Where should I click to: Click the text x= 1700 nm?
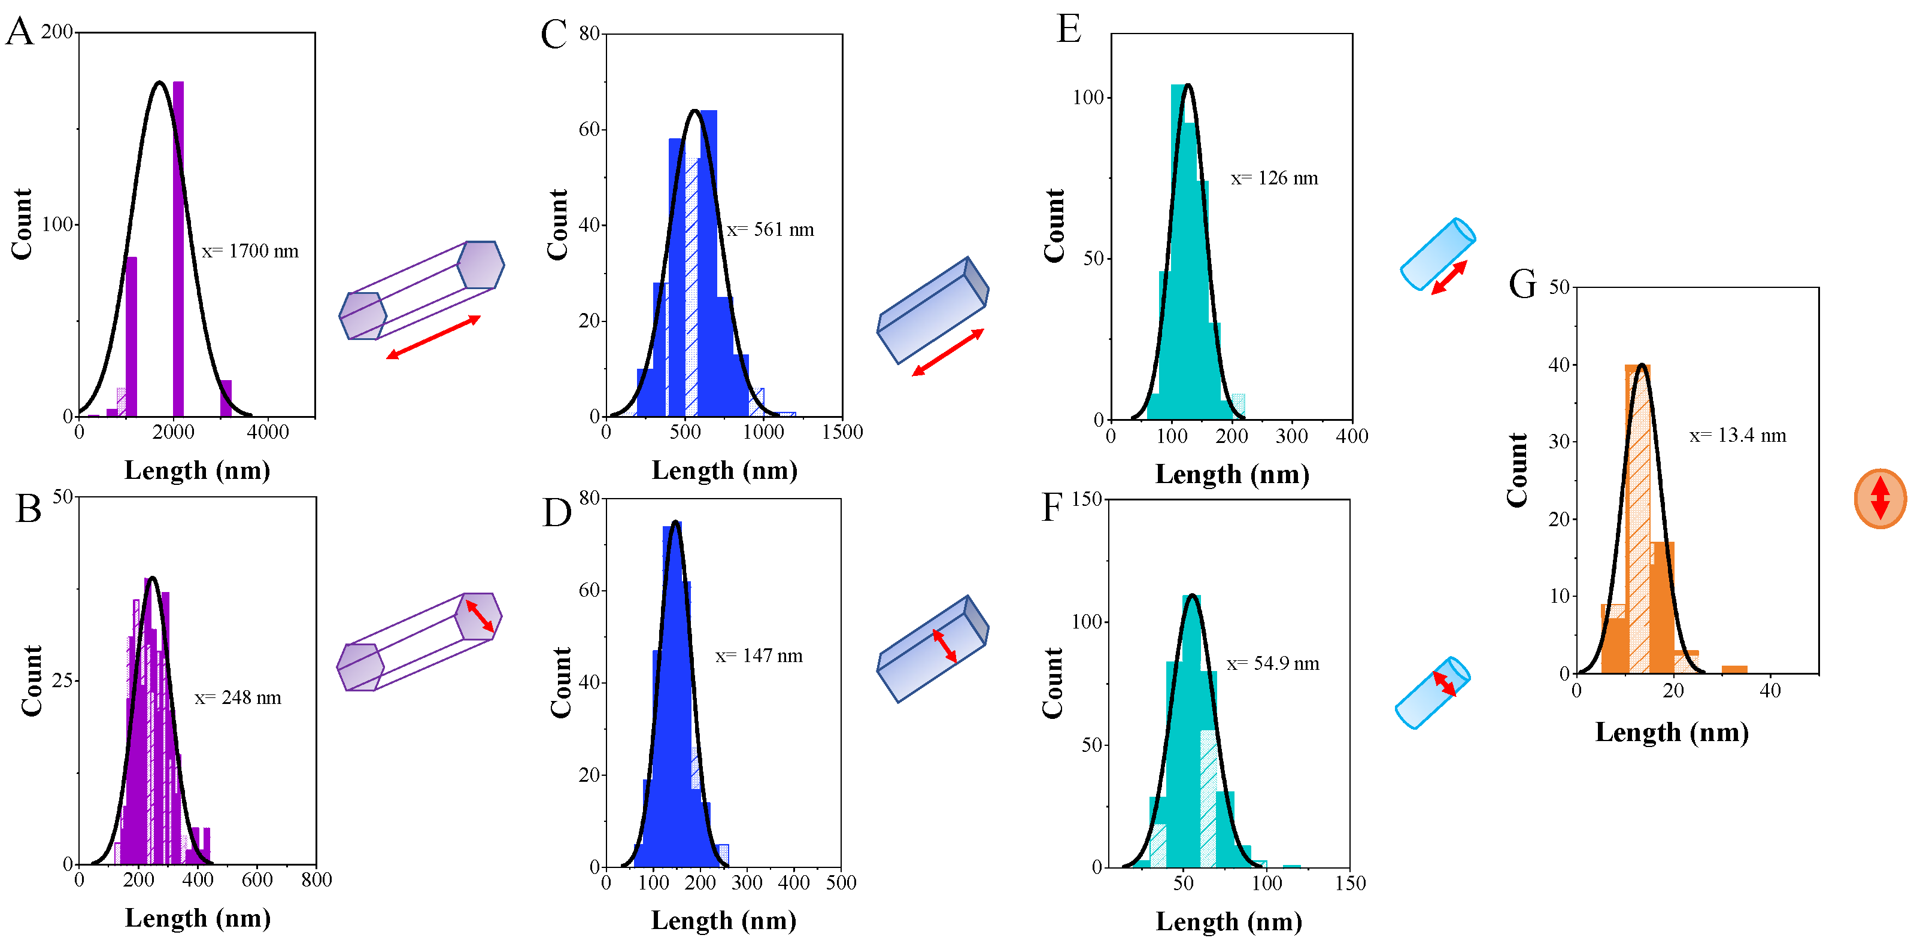pyautogui.click(x=250, y=251)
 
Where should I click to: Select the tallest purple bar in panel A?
pyautogui.click(x=178, y=248)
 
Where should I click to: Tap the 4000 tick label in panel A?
pyautogui.click(x=267, y=432)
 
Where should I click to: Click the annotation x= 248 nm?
pyautogui.click(x=238, y=698)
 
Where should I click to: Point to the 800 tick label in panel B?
pyautogui.click(x=316, y=880)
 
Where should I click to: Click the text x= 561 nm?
pyautogui.click(x=771, y=230)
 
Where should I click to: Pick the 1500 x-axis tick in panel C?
pyautogui.click(x=842, y=432)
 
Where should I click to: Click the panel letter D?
pyautogui.click(x=557, y=513)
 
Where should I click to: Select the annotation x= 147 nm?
pyautogui.click(x=759, y=656)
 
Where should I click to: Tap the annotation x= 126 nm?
pyautogui.click(x=1274, y=178)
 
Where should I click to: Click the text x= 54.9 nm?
pyautogui.click(x=1273, y=663)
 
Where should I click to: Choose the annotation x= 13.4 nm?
pyautogui.click(x=1737, y=436)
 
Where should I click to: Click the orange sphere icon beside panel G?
pyautogui.click(x=1880, y=499)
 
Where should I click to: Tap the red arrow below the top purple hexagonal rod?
pyautogui.click(x=433, y=337)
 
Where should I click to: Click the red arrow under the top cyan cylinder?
pyautogui.click(x=1449, y=277)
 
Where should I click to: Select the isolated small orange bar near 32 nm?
pyautogui.click(x=1734, y=669)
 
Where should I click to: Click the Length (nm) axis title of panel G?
pyautogui.click(x=1672, y=733)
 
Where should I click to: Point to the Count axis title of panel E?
pyautogui.click(x=1054, y=226)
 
